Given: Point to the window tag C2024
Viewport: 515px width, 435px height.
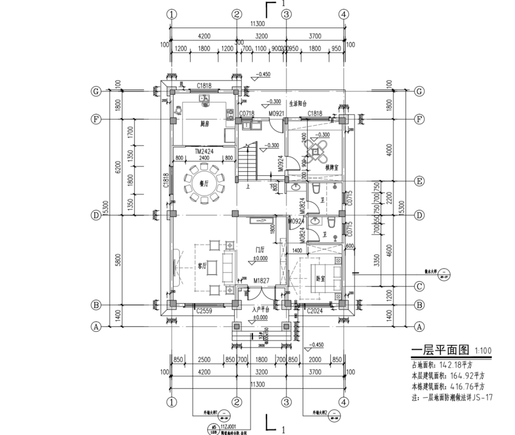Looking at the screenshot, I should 314,311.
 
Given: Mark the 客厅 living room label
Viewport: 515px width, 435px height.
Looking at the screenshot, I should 202,266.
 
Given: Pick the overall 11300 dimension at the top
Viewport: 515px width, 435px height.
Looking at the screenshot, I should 257,24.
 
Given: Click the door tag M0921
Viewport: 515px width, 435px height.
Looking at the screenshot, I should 275,114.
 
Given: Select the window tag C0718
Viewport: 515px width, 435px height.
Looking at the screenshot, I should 246,114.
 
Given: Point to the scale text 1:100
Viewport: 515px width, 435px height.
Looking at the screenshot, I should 483,350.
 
